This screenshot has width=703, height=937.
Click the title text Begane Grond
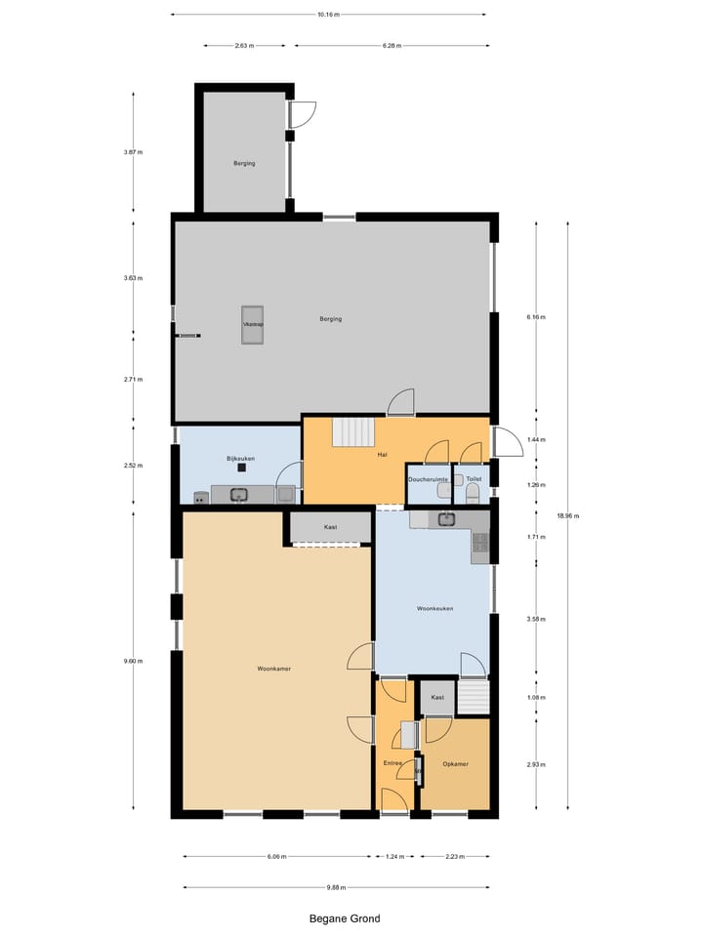click(345, 918)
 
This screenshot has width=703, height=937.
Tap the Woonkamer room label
click(274, 669)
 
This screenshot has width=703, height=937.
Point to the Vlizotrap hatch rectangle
click(254, 325)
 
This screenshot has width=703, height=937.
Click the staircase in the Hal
click(353, 431)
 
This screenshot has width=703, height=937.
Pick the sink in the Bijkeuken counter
click(239, 495)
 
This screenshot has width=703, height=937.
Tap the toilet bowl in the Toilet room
click(474, 495)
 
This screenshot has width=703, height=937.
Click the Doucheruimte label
click(428, 479)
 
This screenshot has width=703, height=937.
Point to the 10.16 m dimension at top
click(328, 15)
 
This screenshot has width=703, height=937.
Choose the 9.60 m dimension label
click(133, 661)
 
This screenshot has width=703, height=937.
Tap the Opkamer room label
click(455, 763)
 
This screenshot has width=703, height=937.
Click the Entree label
click(393, 763)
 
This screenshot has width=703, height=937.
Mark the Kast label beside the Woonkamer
click(330, 527)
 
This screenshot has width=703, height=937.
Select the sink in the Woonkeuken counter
click(447, 518)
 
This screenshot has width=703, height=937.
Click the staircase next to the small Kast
click(473, 698)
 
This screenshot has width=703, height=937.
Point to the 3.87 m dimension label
click(133, 152)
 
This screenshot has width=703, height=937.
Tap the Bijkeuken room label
click(240, 458)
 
